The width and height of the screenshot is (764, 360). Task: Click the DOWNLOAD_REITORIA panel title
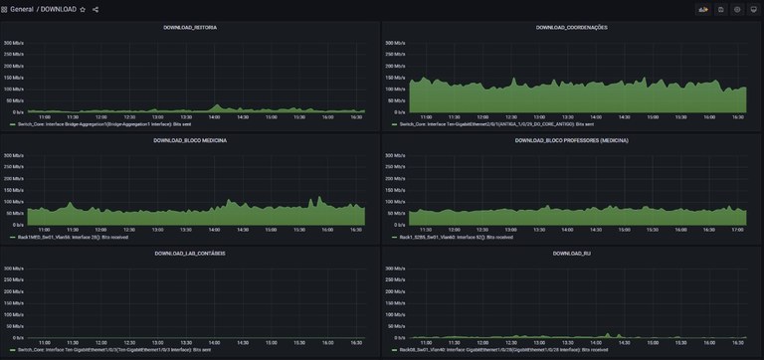190,27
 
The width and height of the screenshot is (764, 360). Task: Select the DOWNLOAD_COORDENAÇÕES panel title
571,27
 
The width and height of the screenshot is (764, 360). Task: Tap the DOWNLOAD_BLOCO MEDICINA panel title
190,141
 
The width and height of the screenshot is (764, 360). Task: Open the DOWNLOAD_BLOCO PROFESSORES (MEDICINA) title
571,141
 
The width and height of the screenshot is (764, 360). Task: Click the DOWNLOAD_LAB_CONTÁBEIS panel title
190,254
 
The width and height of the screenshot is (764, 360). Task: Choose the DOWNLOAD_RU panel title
571,254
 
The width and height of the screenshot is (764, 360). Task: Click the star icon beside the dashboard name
83,9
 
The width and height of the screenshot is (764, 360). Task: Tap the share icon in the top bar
95,9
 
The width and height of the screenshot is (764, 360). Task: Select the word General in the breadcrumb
22,9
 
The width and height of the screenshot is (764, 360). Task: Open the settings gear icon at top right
737,9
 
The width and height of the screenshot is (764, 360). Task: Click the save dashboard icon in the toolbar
721,9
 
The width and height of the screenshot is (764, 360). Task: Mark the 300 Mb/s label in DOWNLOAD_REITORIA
15,44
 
